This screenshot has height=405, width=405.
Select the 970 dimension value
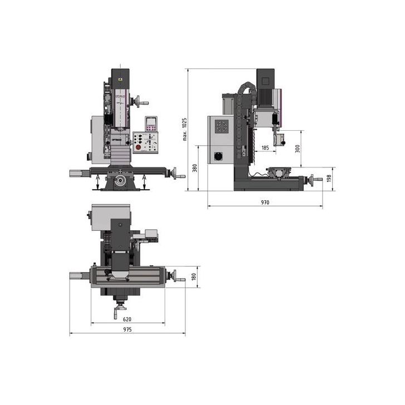pos(264,202)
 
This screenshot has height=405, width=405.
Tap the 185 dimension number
pos(265,147)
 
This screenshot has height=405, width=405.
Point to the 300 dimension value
pos(298,149)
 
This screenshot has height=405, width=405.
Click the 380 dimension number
pos(195,168)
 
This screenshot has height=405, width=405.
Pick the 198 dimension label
pos(329,179)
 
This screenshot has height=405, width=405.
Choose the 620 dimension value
pos(127,319)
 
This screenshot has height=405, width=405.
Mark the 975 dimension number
pos(127,330)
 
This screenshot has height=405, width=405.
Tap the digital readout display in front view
pos(151,124)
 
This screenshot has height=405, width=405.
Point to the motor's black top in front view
pos(120,75)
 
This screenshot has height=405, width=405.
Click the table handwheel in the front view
pos(179,176)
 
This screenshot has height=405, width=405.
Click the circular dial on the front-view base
pos(119,181)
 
